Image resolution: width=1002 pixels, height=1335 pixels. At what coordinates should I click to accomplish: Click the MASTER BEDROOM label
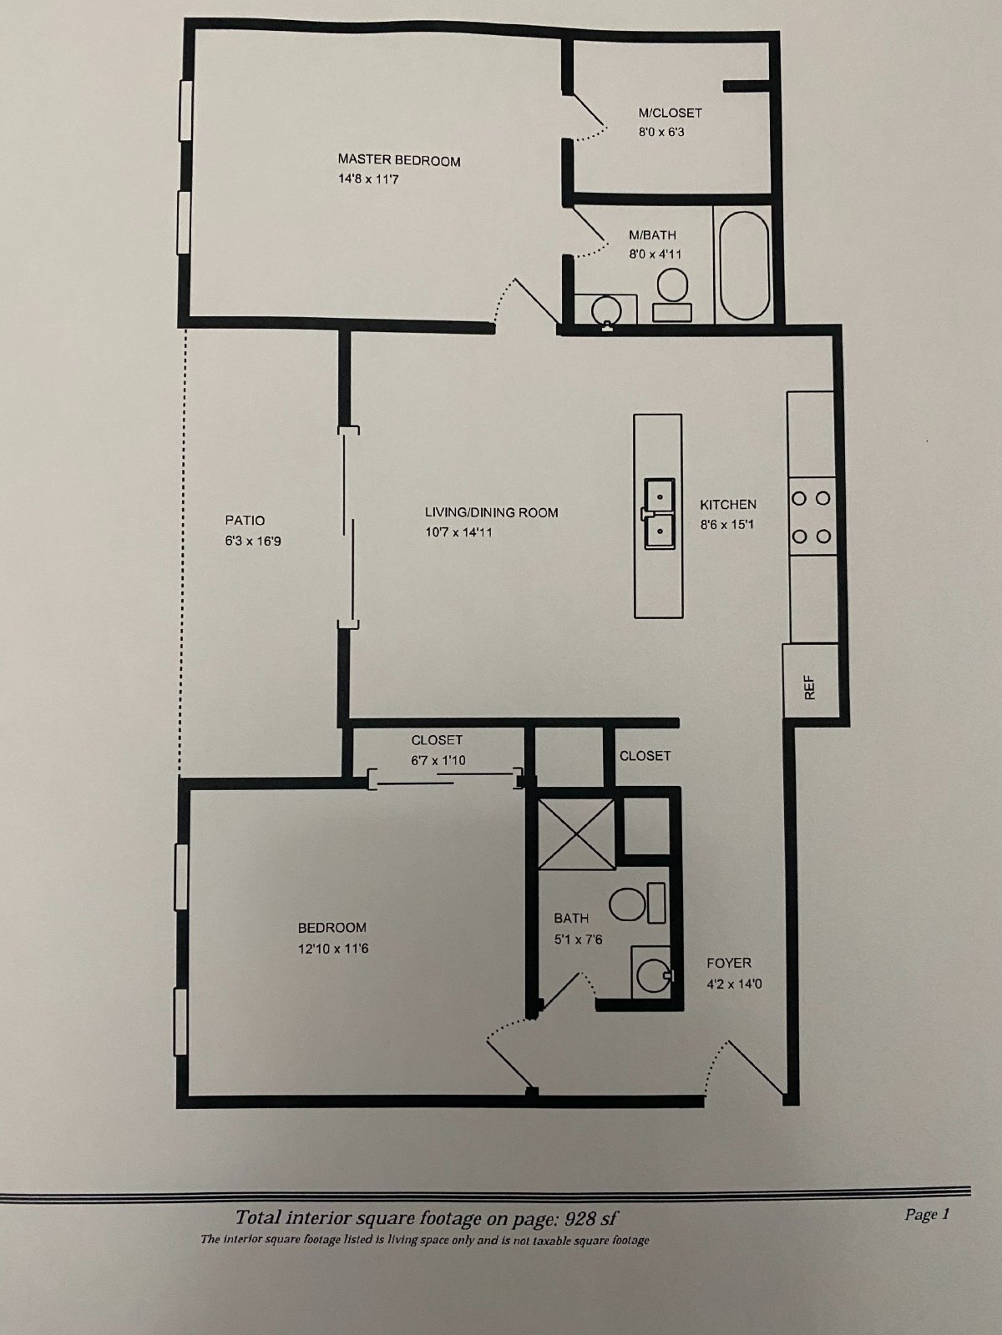[398, 160]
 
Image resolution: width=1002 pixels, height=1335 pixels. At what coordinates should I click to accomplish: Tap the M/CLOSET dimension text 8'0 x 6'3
[661, 132]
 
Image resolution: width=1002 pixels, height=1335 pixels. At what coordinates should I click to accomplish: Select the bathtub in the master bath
[744, 265]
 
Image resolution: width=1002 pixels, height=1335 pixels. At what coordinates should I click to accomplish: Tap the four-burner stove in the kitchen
[812, 517]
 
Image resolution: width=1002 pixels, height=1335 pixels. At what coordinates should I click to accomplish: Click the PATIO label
[245, 521]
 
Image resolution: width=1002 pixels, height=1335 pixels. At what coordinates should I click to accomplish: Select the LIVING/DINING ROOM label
[491, 512]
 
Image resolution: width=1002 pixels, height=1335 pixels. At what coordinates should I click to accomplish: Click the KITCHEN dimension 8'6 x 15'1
[728, 525]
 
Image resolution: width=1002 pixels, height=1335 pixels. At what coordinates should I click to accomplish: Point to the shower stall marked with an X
[576, 833]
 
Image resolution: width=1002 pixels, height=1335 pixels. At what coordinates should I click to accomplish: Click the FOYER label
[729, 963]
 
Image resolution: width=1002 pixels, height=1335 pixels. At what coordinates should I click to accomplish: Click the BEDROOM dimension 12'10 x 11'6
[333, 949]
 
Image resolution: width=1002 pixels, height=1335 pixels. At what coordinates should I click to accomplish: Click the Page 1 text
[927, 1214]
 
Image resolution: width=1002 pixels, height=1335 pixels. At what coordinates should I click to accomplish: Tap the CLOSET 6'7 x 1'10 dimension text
[437, 759]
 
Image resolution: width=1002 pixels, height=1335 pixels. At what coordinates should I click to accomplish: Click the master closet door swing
[589, 117]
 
